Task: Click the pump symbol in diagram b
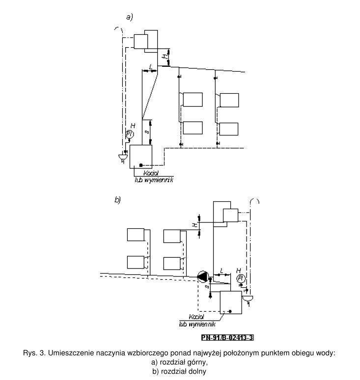pos(202,276)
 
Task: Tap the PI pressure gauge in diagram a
pos(129,134)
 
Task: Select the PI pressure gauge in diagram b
pos(241,278)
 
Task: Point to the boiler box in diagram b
pos(230,303)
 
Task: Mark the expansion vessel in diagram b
pos(230,215)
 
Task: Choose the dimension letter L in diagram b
pos(222,271)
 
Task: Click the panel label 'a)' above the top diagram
pos(130,17)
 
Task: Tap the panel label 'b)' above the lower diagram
pos(117,200)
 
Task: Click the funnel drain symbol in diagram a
pos(122,157)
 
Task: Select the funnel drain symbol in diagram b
pos(248,298)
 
